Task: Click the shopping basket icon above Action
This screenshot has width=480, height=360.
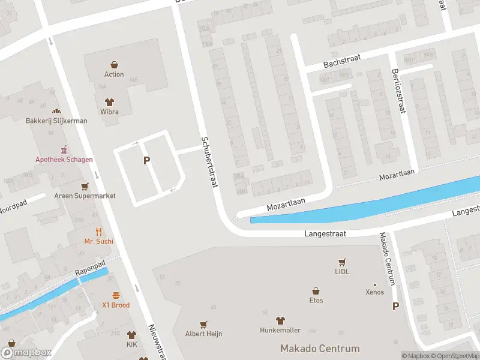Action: pos(114,64)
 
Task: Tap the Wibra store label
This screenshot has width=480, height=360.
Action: pos(109,112)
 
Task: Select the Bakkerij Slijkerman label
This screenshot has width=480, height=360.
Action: pos(56,121)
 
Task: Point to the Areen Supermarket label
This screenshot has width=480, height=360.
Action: pos(85,196)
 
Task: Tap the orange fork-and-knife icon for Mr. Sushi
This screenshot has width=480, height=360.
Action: pos(99,231)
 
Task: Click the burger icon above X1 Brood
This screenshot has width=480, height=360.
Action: pos(116,295)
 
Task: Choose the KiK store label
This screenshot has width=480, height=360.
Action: pos(131,346)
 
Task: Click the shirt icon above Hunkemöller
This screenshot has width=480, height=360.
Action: pos(280,320)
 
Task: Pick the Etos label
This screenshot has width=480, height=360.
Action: pos(316,301)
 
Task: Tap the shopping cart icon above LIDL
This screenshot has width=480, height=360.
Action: pos(342,262)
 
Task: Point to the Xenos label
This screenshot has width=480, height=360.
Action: pos(375,292)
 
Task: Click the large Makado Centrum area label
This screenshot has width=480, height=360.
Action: pos(320,349)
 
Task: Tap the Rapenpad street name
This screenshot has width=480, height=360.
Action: pos(90,271)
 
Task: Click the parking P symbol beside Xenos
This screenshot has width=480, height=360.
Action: pos(395,306)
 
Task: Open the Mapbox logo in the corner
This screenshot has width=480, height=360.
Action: pos(26,353)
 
